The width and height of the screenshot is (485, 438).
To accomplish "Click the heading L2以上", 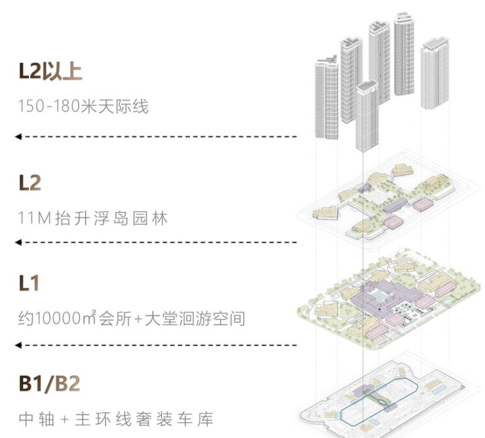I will click(x=50, y=71).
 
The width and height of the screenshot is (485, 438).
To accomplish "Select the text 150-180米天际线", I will click(x=83, y=106).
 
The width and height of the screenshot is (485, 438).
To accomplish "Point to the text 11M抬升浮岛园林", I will click(x=93, y=218).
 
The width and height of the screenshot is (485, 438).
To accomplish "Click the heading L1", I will click(x=29, y=284).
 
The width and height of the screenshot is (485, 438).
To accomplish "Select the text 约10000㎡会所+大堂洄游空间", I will click(x=132, y=319).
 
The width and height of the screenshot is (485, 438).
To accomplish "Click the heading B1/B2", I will click(x=50, y=384).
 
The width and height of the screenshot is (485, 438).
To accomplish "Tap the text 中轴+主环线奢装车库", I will click(x=116, y=418).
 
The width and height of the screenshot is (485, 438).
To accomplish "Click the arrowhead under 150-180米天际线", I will click(x=18, y=136).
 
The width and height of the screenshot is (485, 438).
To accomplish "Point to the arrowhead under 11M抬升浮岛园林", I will click(x=18, y=243).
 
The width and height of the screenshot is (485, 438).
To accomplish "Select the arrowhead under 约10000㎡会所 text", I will click(x=18, y=345).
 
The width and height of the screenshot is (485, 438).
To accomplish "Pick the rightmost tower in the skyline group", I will click(x=435, y=72).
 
